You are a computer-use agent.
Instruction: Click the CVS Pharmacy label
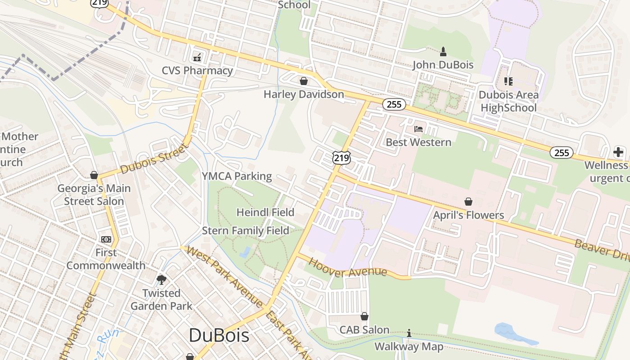[x=198, y=71]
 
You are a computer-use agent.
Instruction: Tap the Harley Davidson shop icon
[x=304, y=81]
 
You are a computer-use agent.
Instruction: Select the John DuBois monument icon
[x=443, y=52]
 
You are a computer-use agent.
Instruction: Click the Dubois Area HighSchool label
[x=508, y=101]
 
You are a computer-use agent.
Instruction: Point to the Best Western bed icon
[x=418, y=129]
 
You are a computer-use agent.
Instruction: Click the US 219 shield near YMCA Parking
[x=342, y=157]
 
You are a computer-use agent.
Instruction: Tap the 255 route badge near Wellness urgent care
[x=562, y=153]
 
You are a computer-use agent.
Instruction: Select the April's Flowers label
[x=468, y=215]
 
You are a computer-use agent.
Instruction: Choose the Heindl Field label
[x=265, y=212]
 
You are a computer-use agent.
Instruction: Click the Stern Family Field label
[x=246, y=231]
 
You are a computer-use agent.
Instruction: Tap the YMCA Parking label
[x=237, y=176]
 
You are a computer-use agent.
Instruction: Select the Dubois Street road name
[x=154, y=160]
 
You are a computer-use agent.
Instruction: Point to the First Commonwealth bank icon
[x=106, y=239]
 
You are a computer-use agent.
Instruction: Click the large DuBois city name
[x=219, y=335]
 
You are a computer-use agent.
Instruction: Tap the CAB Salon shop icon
[x=364, y=317]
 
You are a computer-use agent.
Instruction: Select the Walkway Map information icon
[x=409, y=333]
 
